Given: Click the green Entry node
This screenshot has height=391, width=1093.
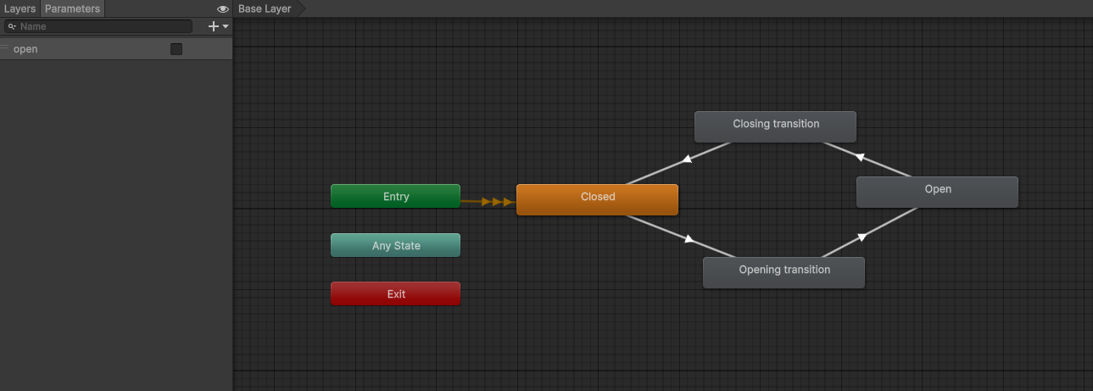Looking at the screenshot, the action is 395,196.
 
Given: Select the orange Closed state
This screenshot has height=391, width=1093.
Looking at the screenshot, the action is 597,199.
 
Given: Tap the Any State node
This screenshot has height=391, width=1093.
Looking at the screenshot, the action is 395,245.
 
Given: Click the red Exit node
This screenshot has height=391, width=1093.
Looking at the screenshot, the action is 395,293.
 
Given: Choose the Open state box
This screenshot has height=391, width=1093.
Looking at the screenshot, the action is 937,192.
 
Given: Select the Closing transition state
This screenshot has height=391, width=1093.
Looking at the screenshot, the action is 775,126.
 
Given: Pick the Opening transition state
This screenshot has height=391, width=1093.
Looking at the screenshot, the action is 784,272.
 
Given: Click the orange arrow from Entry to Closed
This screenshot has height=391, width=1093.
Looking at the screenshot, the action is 488,202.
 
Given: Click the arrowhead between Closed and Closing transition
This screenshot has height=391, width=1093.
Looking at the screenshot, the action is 687,159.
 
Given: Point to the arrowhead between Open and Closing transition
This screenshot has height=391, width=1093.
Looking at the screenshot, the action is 861,157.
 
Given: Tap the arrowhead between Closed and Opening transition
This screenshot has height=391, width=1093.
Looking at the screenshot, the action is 689,238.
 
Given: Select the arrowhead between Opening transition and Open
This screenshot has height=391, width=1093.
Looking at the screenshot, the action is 862,237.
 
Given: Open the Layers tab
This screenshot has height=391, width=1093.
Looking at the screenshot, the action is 20,8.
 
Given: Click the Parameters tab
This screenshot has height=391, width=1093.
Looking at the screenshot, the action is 72,8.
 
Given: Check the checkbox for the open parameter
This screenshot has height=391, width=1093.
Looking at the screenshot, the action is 176,49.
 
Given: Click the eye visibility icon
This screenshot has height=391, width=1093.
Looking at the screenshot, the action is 222,8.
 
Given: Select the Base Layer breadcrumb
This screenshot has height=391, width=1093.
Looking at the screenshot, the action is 265,8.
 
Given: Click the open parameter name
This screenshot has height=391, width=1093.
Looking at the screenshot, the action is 25,49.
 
